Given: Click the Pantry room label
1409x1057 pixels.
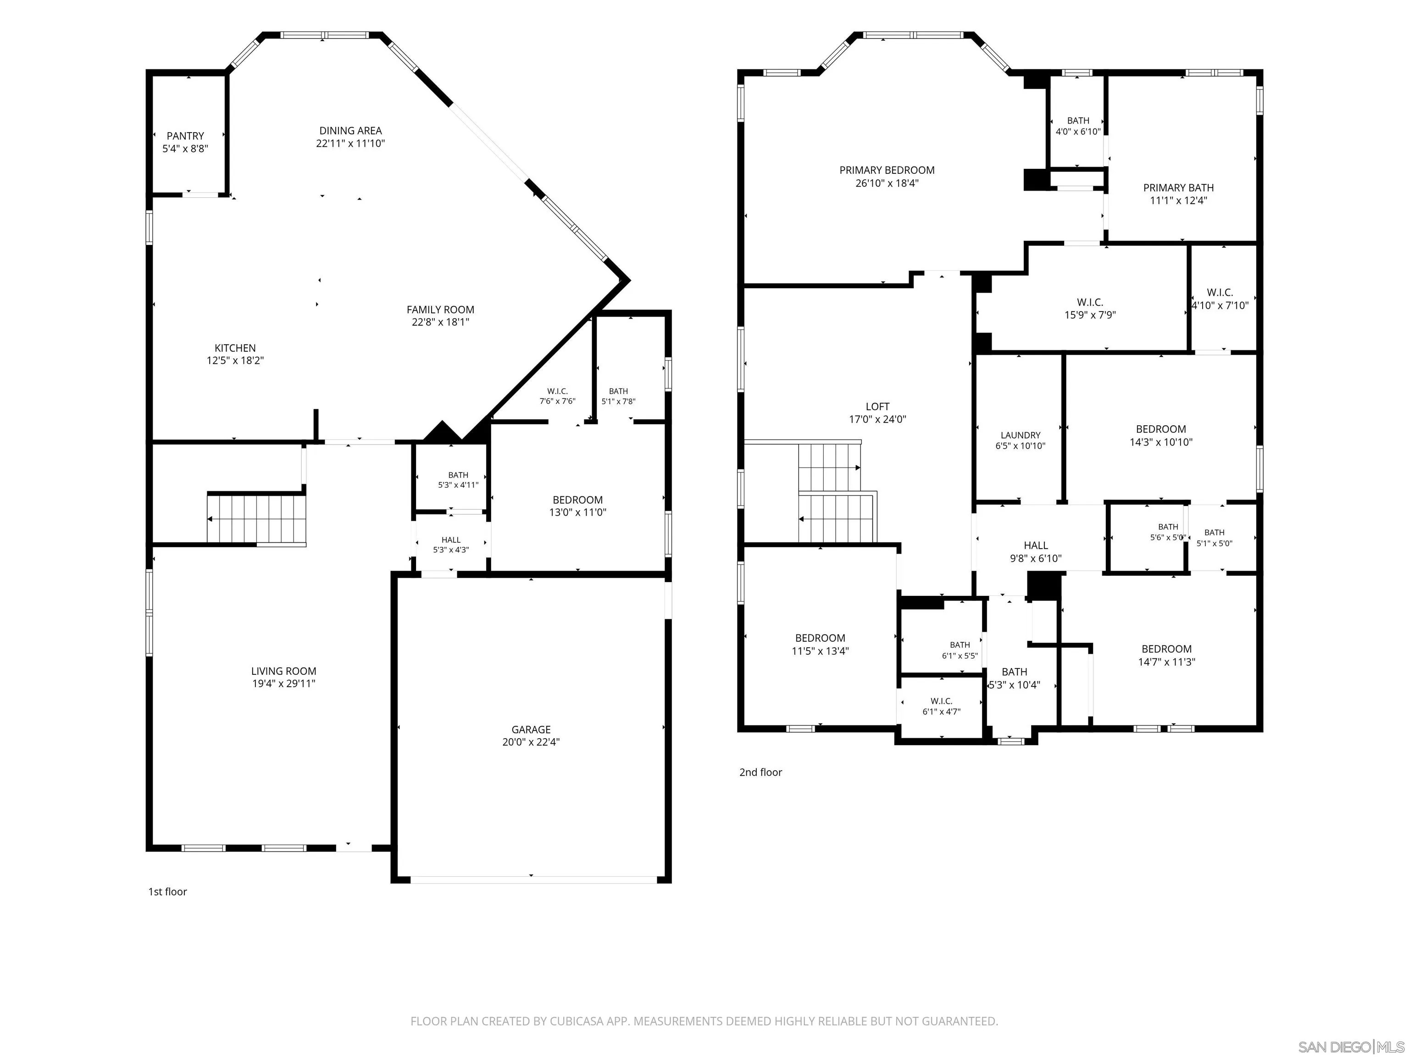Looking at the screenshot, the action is coord(185,136).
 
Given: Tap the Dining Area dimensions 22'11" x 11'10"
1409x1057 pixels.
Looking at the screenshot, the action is coord(350,143).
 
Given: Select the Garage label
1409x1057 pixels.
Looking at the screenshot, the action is coord(531,729).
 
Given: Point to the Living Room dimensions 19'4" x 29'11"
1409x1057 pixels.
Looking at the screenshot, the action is coord(283,684).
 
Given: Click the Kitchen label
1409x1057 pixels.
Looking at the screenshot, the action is coord(235,348).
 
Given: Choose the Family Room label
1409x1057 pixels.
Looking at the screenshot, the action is coord(440,310).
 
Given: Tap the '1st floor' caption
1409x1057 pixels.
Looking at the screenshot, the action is coord(167,891).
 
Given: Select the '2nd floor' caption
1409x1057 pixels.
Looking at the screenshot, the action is coord(760,772).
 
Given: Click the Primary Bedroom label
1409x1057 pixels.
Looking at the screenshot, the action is coord(887,170).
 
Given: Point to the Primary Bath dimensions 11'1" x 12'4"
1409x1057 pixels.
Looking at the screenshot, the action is coord(1178,200).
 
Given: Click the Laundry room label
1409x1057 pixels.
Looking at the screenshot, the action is coord(1021,435).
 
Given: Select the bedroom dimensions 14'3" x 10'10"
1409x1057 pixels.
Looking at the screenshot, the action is coord(1160,441).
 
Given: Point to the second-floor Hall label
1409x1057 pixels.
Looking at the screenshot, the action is coord(1036,545).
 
